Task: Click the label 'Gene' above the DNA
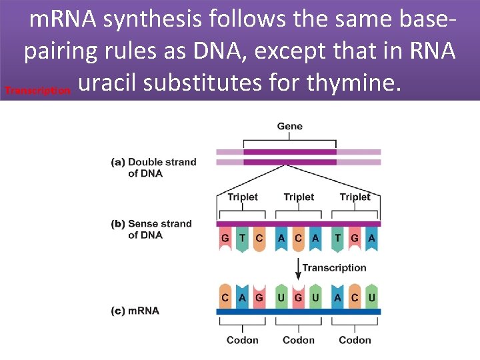(x=289, y=126)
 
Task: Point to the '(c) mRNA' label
(x=135, y=311)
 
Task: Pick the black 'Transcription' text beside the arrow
(x=334, y=267)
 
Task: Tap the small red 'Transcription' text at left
(x=37, y=90)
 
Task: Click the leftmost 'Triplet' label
(x=242, y=197)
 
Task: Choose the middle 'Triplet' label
(x=298, y=197)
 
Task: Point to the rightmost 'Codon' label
(x=355, y=340)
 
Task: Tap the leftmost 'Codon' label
(x=242, y=340)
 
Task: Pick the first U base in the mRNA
(x=281, y=297)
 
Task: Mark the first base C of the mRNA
(x=225, y=297)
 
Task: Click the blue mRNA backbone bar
(x=298, y=311)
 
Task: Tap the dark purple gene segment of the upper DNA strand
(x=289, y=152)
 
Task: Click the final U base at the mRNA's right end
(x=371, y=297)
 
